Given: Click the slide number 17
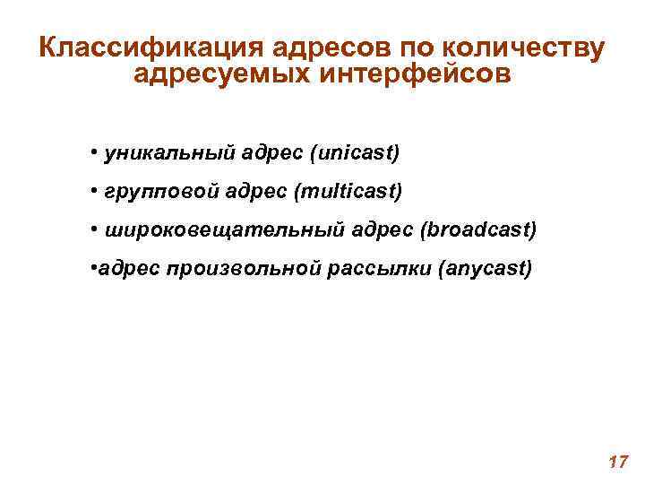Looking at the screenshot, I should (616, 462).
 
